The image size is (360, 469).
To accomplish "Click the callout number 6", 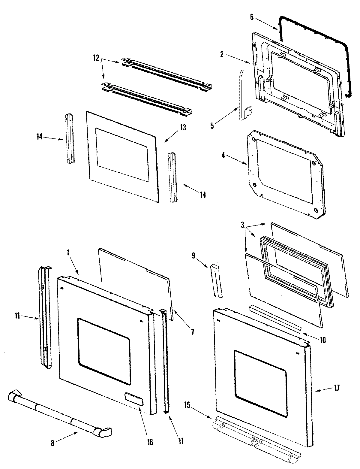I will [252, 17].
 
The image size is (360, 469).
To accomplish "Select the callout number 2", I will [222, 54].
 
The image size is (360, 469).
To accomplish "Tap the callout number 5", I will [212, 125].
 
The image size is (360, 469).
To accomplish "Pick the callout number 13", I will [183, 128].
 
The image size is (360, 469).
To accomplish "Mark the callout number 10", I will [322, 340].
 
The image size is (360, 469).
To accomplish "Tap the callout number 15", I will [187, 405].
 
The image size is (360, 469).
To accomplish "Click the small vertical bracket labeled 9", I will [217, 281].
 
